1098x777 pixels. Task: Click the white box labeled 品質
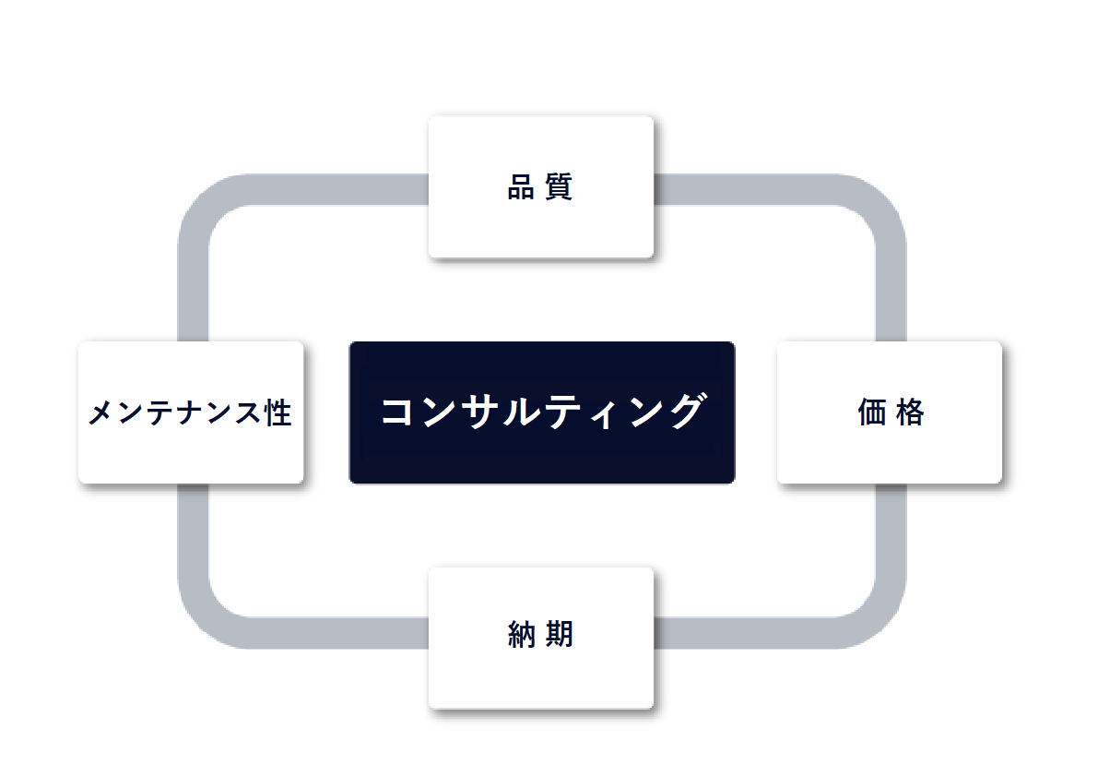[x=540, y=187]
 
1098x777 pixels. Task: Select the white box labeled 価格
[x=890, y=412]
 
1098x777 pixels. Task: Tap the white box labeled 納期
[x=540, y=639]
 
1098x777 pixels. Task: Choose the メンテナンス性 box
[x=191, y=412]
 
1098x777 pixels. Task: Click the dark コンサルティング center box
[x=542, y=412]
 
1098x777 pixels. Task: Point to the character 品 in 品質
[x=521, y=187]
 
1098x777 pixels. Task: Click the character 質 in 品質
[x=559, y=187]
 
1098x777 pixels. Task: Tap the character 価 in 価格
[x=872, y=412]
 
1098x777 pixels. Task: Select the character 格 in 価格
[x=910, y=412]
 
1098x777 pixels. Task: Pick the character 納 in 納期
[x=522, y=635]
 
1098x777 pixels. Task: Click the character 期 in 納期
[x=560, y=635]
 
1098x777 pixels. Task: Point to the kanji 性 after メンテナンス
[x=278, y=412]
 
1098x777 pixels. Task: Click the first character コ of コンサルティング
[x=397, y=412]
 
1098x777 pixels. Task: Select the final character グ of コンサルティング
[x=687, y=411]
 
